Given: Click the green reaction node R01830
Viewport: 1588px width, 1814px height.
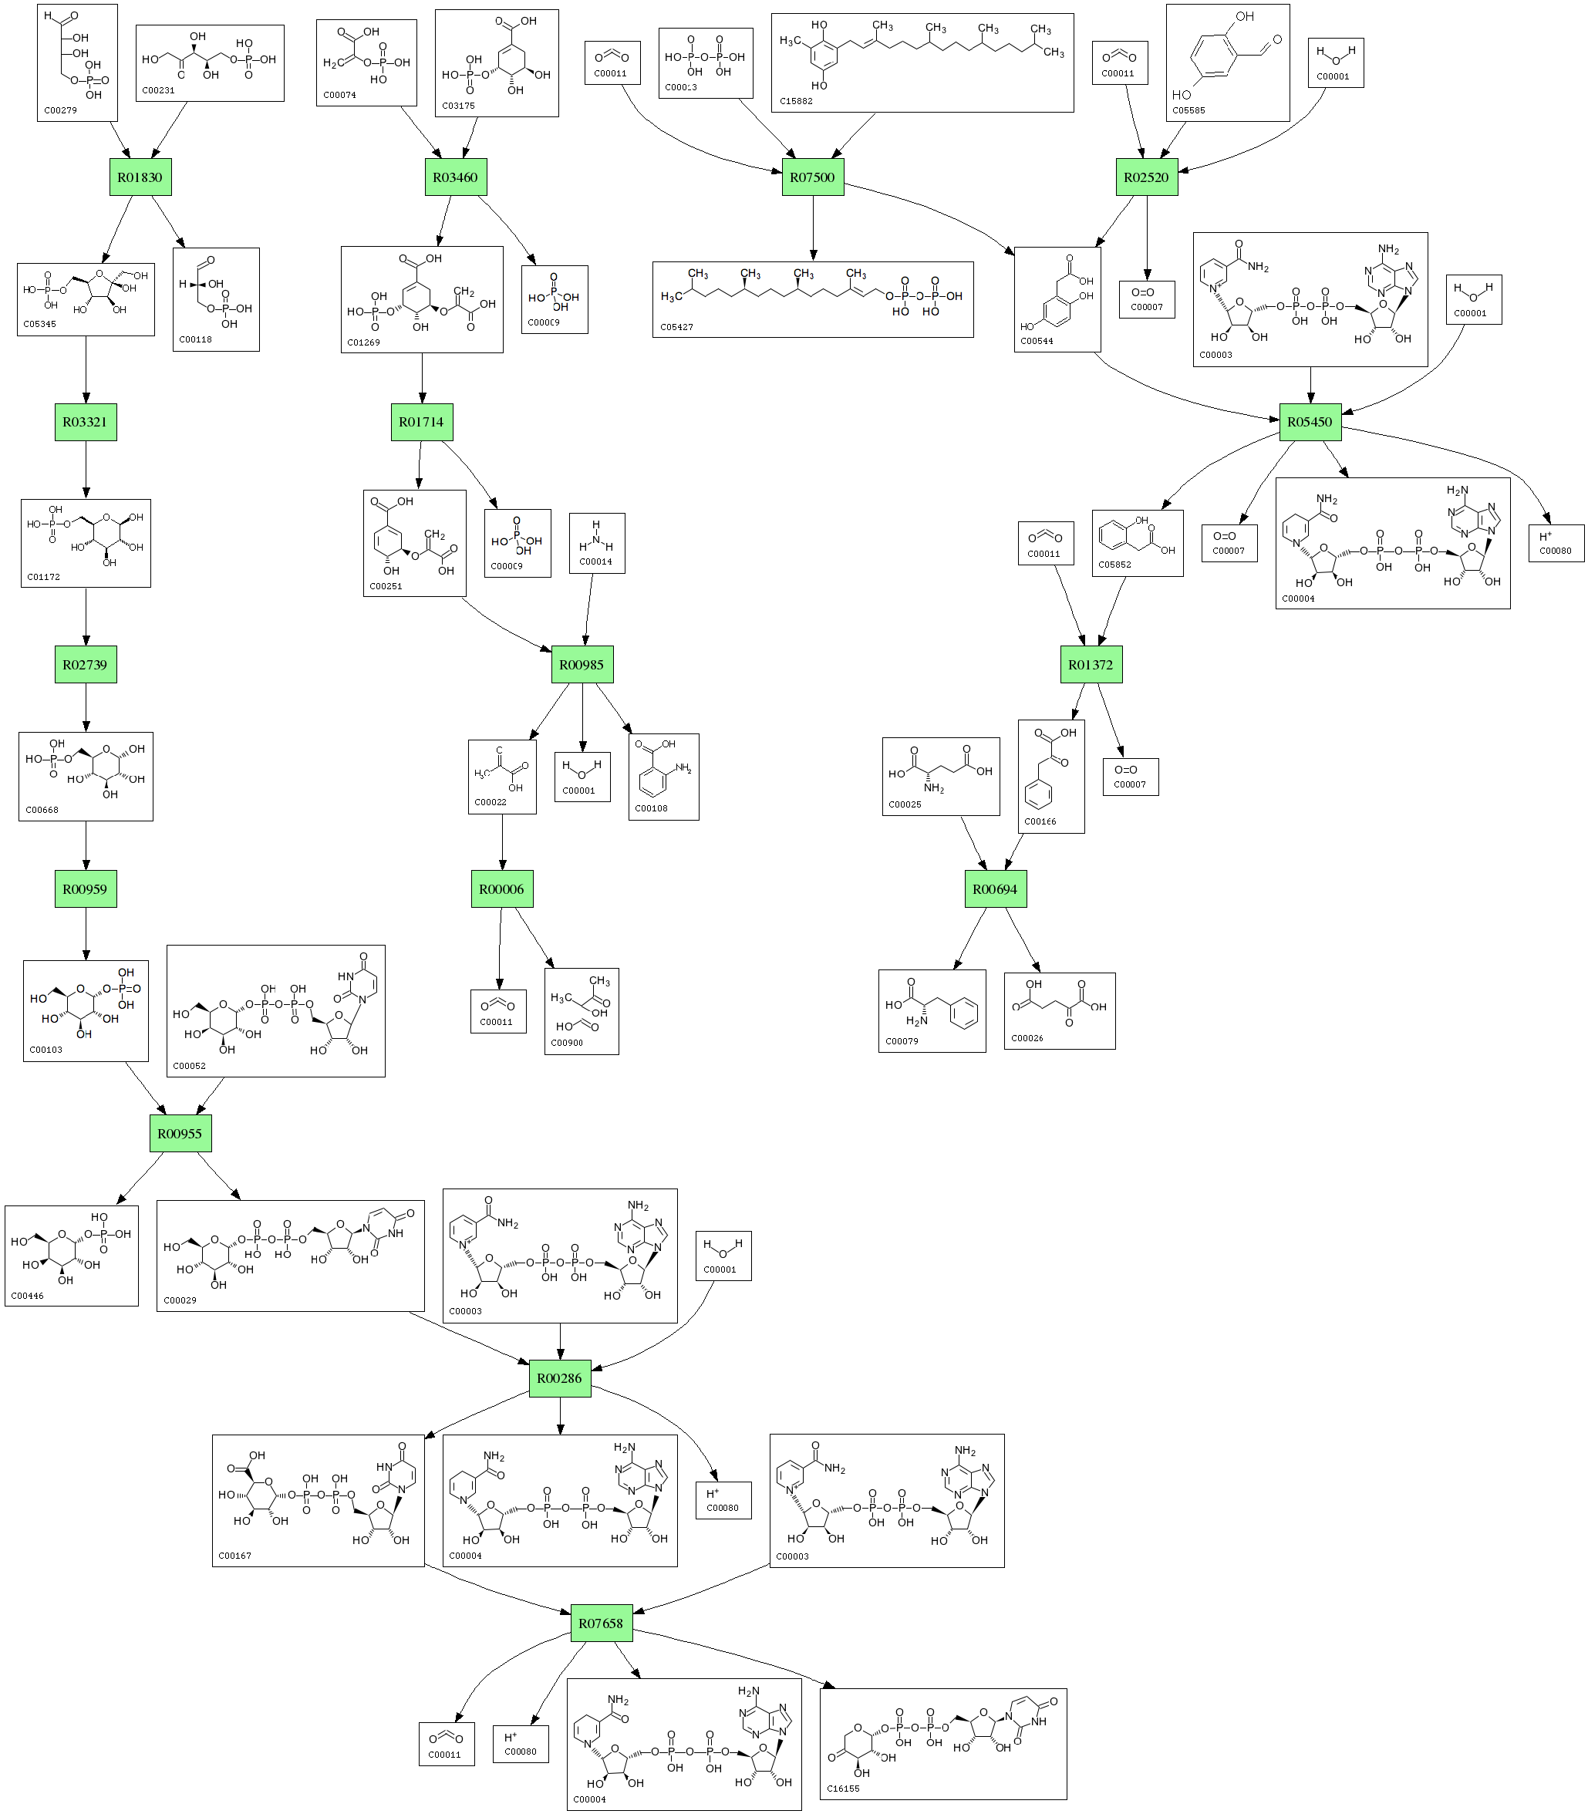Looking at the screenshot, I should tap(140, 177).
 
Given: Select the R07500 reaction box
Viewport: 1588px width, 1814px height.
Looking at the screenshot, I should tap(811, 177).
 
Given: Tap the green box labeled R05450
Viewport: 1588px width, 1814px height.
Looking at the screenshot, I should tap(1310, 422).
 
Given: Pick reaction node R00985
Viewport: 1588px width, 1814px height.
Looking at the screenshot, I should tap(582, 664).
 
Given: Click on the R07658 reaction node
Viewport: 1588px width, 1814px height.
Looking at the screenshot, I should tap(601, 1623).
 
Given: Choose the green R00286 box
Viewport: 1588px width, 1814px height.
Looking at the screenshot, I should tap(559, 1378).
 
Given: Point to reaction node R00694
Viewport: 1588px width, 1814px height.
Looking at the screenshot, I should tap(995, 888).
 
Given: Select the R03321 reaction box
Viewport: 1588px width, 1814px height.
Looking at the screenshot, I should tap(85, 422).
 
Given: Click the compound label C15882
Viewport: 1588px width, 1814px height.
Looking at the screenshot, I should tap(796, 101).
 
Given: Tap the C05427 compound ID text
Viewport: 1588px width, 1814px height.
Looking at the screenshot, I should tap(676, 327).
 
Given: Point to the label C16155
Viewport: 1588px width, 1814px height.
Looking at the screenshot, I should tap(843, 1789).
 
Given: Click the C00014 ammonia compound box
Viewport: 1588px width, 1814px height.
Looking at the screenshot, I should tap(595, 542).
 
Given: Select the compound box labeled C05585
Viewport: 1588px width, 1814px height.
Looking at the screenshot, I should tap(1227, 62).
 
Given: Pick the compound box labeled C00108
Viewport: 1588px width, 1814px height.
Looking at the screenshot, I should tap(664, 777).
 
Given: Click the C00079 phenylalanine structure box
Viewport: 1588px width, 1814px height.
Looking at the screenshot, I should tap(932, 1010).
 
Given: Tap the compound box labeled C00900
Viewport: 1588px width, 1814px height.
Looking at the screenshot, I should tap(582, 1011).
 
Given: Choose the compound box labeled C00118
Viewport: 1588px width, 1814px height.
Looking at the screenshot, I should tap(216, 299).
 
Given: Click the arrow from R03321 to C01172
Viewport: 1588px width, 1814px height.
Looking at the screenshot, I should tap(86, 470).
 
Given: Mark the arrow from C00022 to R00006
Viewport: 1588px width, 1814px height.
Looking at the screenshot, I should tap(502, 842).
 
